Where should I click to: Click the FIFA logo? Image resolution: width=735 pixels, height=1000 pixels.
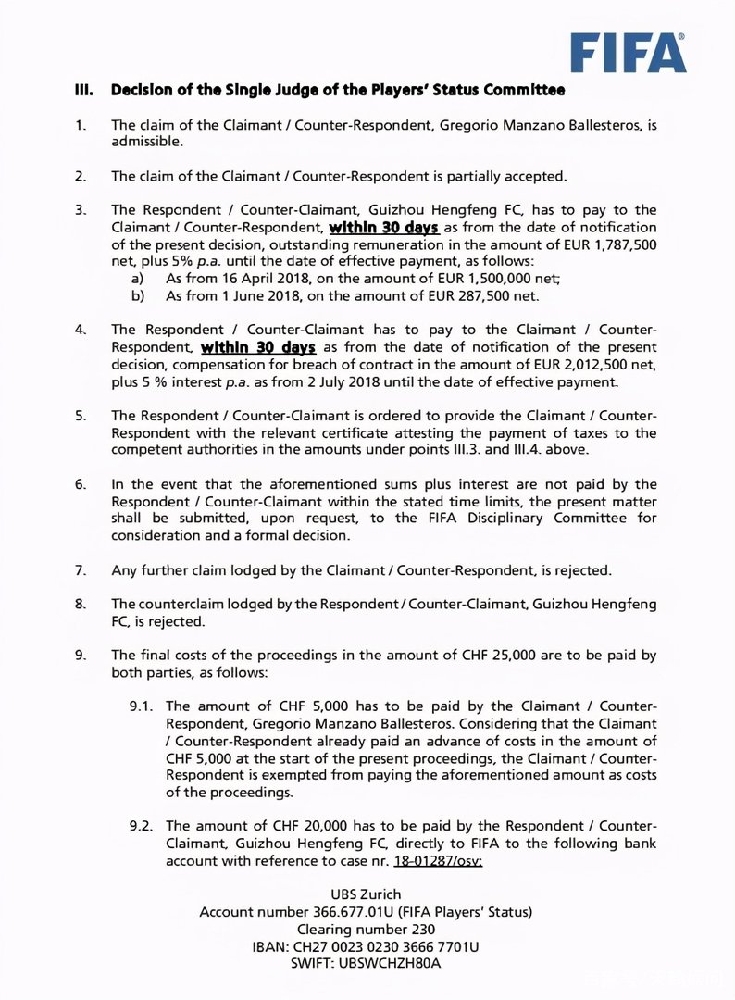coord(628,53)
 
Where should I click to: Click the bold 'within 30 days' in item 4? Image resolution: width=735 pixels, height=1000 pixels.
coord(258,347)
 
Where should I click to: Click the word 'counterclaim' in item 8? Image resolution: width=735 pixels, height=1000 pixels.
coord(193,604)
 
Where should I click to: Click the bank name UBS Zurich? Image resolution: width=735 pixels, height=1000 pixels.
coord(366,894)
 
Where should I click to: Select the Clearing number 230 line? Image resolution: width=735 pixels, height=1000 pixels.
coord(366,929)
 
